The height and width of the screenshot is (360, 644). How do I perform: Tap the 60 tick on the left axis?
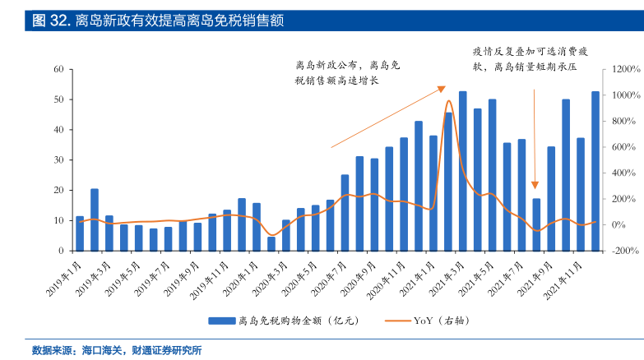(x=58, y=69)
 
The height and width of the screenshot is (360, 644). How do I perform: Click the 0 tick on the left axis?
(x=61, y=251)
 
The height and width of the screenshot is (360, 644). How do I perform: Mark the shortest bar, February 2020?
(x=271, y=243)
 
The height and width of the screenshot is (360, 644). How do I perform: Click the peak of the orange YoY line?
(x=448, y=101)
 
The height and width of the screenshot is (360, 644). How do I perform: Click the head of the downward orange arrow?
(x=535, y=187)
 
